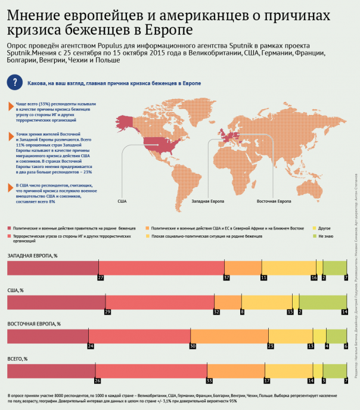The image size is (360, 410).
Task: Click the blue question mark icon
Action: click(14, 83)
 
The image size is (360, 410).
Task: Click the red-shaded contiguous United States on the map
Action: click(163, 144)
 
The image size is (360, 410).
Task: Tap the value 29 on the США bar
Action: click(107, 312)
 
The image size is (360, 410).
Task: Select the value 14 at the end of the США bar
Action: click(344, 312)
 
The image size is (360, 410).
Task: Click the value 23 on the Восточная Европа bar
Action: click(271, 346)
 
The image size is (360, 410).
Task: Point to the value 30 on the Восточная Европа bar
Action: click(193, 346)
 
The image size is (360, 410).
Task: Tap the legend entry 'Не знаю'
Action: click(326, 237)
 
